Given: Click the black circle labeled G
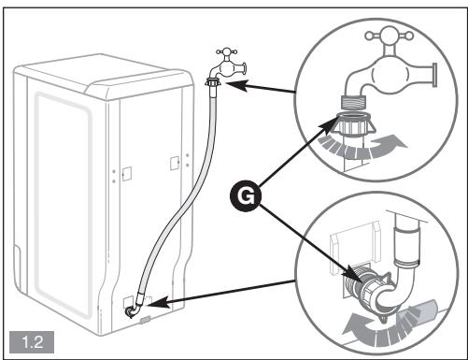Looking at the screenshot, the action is pyautogui.click(x=246, y=196).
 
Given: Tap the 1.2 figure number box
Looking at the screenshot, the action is pyautogui.click(x=32, y=342).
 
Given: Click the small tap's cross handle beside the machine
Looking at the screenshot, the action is pyautogui.click(x=227, y=51).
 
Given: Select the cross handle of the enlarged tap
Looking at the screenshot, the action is pyautogui.click(x=389, y=36).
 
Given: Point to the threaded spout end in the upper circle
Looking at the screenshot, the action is pyautogui.click(x=354, y=102).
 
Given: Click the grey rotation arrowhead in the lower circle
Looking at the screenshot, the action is pyautogui.click(x=353, y=324).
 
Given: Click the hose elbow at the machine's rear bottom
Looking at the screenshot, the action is pyautogui.click(x=134, y=310).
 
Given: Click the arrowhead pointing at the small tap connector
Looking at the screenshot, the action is pyautogui.click(x=236, y=85).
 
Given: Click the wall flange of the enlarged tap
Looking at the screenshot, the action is pyautogui.click(x=434, y=75).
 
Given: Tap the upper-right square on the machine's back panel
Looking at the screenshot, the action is pyautogui.click(x=175, y=163).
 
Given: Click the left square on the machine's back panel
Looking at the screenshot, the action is pyautogui.click(x=127, y=174).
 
